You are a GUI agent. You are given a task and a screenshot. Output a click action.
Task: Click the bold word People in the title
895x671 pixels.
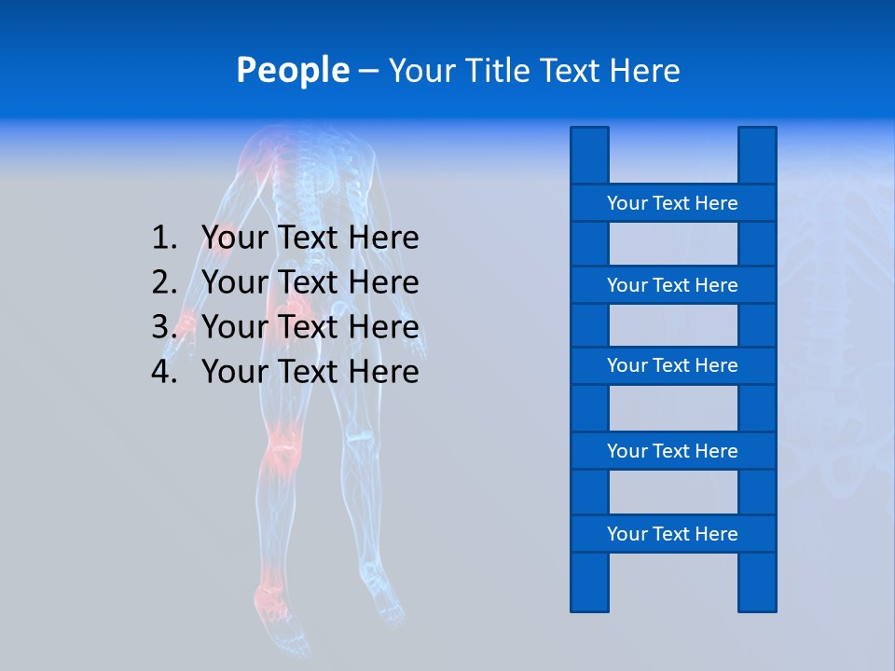coord(292,70)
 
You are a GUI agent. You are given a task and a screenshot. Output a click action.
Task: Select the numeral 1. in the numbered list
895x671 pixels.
coord(164,238)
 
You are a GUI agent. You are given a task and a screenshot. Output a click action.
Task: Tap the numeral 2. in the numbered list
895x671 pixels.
coord(164,282)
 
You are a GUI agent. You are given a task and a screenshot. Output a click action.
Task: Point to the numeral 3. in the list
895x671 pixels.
coord(164,327)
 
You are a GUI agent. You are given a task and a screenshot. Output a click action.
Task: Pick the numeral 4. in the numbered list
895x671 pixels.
coord(164,372)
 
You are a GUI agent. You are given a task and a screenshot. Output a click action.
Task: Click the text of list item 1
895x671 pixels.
coord(310,238)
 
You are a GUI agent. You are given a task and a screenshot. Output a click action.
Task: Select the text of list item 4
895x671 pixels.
coord(310,372)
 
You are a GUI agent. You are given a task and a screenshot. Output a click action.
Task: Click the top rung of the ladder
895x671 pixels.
coord(672,203)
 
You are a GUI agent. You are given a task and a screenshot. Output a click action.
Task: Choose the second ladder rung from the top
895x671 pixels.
coord(672,285)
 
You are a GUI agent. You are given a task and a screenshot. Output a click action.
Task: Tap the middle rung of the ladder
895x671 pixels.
coord(672,365)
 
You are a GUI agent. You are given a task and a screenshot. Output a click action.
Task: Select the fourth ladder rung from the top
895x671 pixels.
coord(672,451)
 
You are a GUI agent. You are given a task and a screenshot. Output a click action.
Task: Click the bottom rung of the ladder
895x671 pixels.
coord(672,534)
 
